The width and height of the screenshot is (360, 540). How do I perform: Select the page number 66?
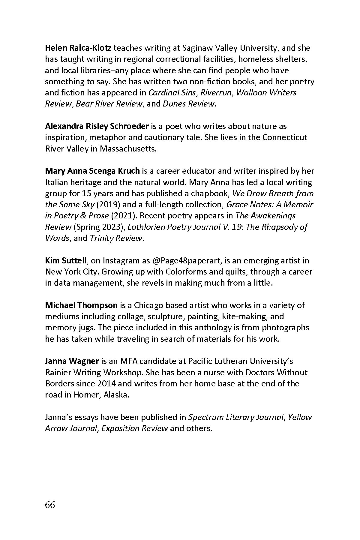(x=50, y=505)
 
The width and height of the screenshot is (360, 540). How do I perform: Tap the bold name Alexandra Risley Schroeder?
(x=97, y=126)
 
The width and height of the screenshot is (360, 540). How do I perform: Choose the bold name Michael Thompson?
(x=81, y=305)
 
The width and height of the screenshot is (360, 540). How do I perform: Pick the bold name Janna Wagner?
(x=72, y=361)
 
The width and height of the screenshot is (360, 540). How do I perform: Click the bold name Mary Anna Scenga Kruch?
(x=92, y=171)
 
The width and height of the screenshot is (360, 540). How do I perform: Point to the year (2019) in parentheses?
(x=109, y=205)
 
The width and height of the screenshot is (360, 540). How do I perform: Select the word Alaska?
(x=116, y=395)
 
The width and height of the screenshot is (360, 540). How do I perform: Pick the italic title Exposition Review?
(x=134, y=428)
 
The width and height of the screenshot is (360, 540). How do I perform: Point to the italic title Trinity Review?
(x=116, y=238)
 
